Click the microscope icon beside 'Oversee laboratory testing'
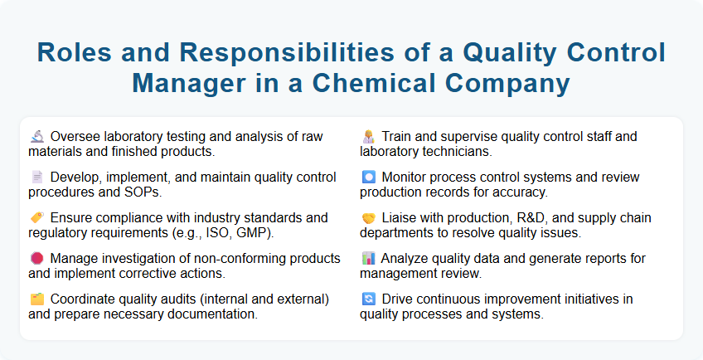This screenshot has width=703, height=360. pyautogui.click(x=36, y=137)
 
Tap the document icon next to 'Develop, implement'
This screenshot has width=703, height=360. pyautogui.click(x=36, y=178)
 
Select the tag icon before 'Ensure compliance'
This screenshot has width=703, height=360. pyautogui.click(x=36, y=218)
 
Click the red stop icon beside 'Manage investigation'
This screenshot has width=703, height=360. pyautogui.click(x=36, y=259)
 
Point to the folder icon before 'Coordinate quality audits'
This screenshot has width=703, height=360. pyautogui.click(x=36, y=299)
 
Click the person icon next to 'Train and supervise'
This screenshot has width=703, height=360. pyautogui.click(x=368, y=137)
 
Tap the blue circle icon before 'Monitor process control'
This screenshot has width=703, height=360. pyautogui.click(x=368, y=178)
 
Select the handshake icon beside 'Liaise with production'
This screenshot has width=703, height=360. pyautogui.click(x=368, y=218)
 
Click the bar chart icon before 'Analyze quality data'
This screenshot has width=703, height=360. pyautogui.click(x=368, y=259)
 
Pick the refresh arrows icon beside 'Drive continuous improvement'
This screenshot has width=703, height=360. pyautogui.click(x=368, y=299)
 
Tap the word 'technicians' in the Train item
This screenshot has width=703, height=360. pyautogui.click(x=458, y=152)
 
